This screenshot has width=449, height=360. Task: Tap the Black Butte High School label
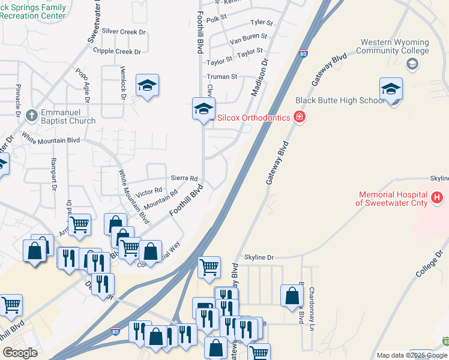coord(340,100)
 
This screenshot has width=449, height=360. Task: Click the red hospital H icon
coord(437,197)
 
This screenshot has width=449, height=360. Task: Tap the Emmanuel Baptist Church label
coord(67,117)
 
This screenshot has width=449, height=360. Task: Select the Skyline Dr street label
coord(258,257)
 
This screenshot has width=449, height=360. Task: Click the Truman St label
coord(222,77)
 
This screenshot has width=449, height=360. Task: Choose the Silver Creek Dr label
coord(124,31)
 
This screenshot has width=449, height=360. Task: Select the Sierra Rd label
coord(184,178)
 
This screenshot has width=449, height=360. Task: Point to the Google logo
coord(20,353)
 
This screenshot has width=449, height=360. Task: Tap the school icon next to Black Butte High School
coord(391,90)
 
